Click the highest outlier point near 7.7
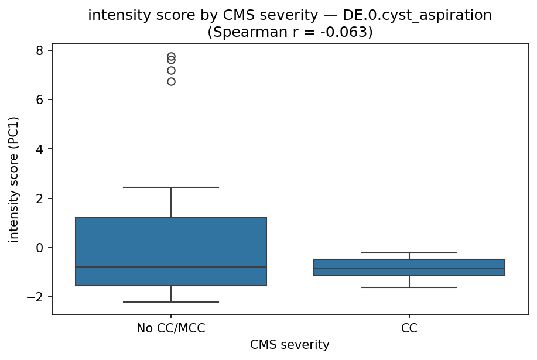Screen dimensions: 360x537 coord(171,57)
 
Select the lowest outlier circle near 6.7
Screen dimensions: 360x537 coord(171,81)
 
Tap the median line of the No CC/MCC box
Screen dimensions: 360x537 coord(171,267)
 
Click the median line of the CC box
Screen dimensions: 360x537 coord(409,269)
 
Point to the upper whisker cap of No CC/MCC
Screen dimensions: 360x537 coord(171,187)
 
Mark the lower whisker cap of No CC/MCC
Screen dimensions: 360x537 coord(171,302)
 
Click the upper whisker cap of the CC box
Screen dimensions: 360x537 coord(409,253)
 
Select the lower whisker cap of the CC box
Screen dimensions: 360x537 coord(409,287)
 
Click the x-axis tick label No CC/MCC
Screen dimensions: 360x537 coord(171,328)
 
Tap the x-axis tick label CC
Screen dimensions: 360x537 coord(409,328)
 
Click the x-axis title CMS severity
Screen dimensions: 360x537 coord(290,345)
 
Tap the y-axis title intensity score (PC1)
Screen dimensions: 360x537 coord(14,179)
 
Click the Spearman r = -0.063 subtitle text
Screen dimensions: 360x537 coord(290,32)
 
